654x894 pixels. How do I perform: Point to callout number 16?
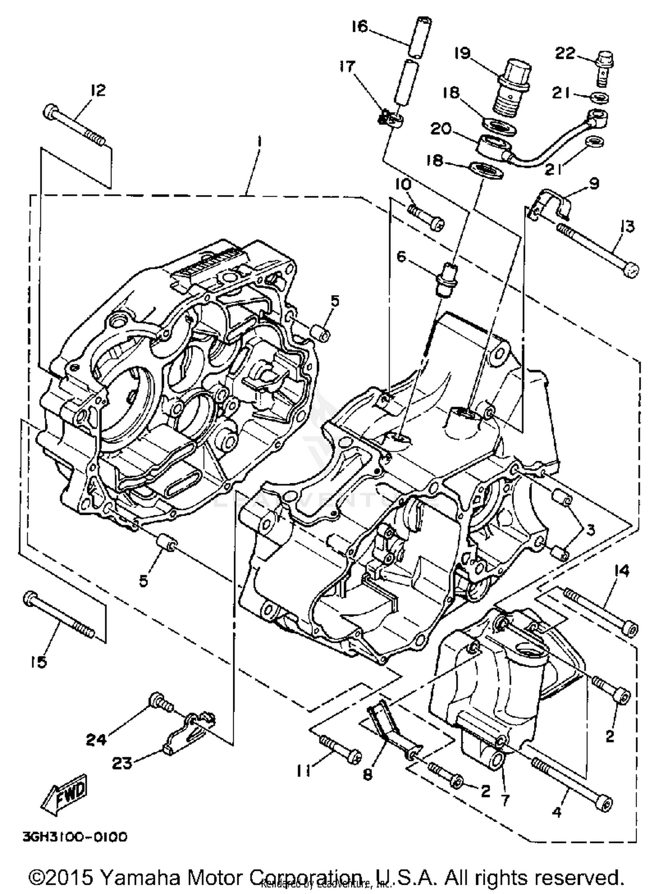(x=360, y=27)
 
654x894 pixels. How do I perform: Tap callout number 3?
(x=589, y=530)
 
